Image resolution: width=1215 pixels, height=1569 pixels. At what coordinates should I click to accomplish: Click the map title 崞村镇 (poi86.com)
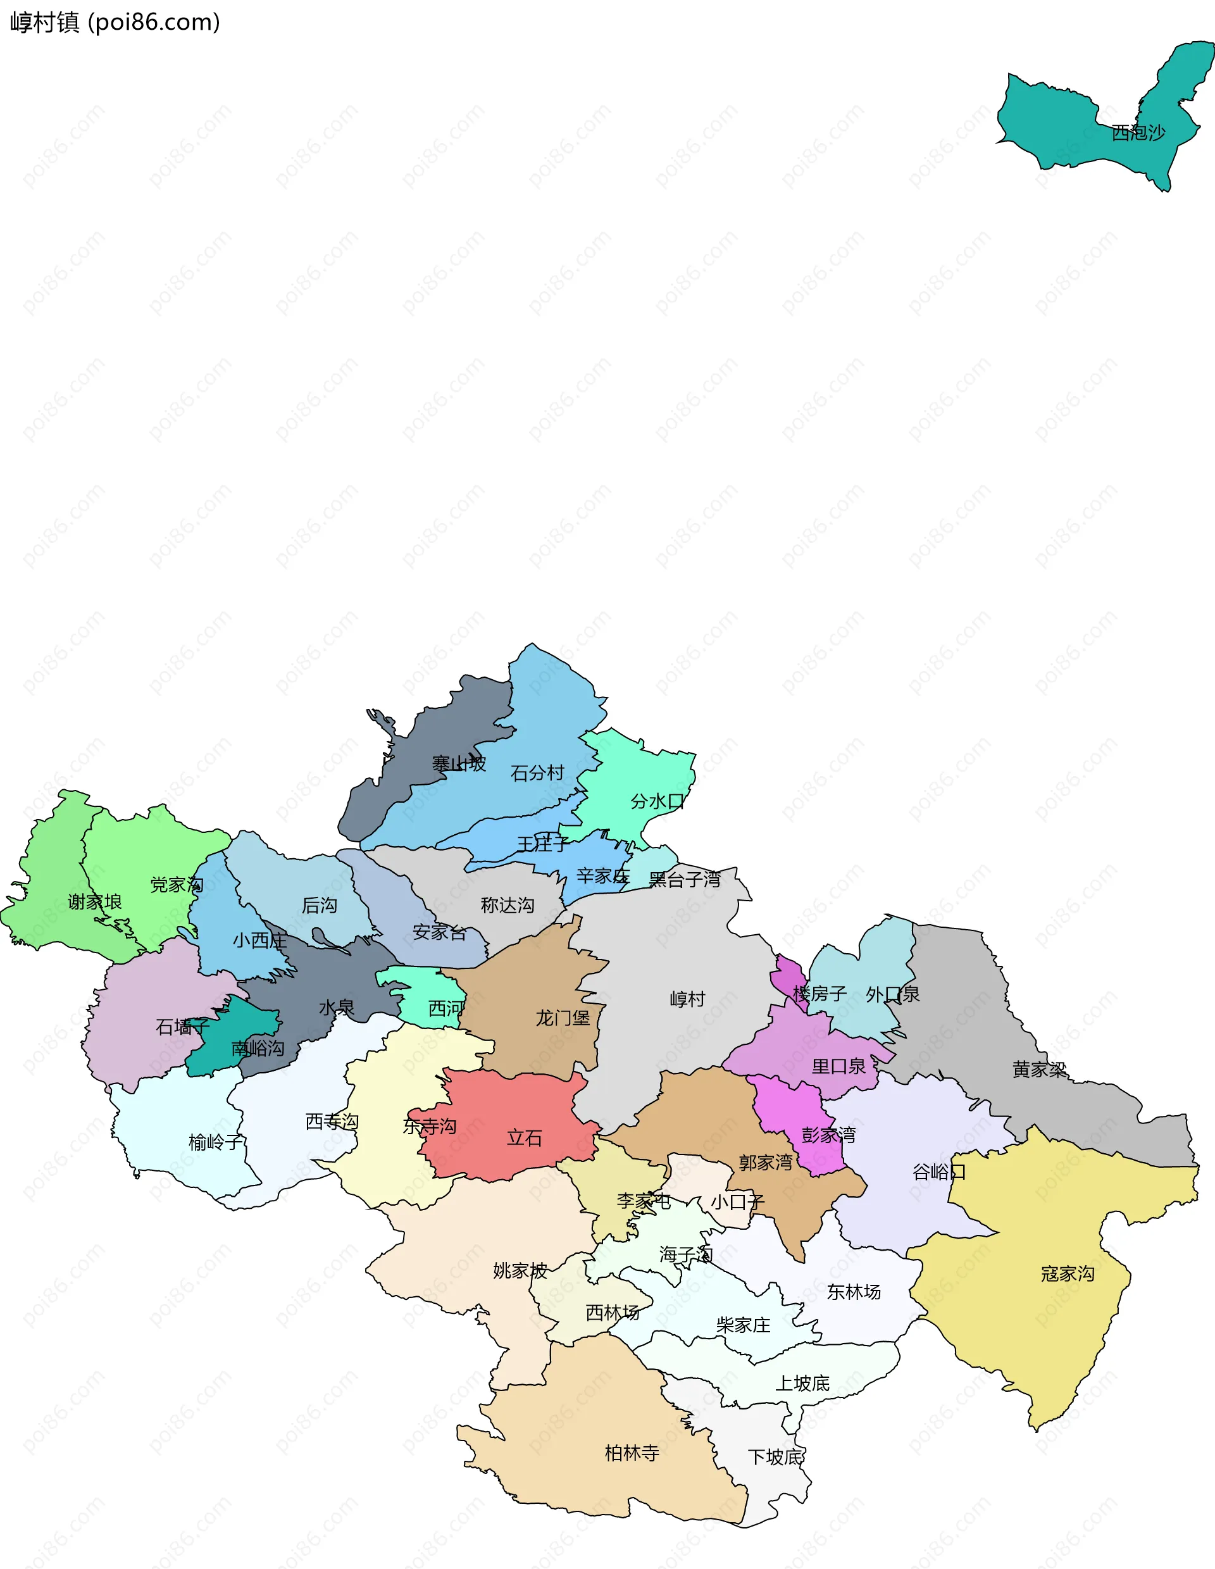(115, 22)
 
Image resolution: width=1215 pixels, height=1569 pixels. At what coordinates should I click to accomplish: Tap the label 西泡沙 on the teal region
(1138, 133)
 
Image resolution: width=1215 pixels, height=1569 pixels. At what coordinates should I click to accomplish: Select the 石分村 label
(537, 773)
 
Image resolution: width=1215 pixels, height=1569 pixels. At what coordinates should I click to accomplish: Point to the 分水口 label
(657, 801)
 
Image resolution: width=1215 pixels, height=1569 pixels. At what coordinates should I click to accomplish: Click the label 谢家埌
(95, 902)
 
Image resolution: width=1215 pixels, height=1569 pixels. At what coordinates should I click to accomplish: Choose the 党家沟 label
(177, 884)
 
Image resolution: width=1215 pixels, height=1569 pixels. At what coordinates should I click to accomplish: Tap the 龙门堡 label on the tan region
(563, 1018)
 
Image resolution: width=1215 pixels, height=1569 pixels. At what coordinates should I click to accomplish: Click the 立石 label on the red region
(524, 1138)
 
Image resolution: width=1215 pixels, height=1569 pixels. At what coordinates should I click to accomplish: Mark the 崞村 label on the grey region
(687, 999)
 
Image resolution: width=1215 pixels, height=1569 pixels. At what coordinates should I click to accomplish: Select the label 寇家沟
(1068, 1273)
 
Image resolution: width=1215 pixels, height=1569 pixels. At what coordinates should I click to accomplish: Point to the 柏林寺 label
(632, 1453)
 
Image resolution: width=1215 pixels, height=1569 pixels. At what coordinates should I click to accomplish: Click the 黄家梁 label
(1039, 1070)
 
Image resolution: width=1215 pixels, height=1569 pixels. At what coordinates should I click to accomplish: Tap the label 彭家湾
(829, 1135)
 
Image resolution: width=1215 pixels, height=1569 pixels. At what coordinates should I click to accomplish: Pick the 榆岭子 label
(215, 1142)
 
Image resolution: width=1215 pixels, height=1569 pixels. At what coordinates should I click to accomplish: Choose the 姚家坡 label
(520, 1271)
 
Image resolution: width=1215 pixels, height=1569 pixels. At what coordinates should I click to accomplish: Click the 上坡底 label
(802, 1383)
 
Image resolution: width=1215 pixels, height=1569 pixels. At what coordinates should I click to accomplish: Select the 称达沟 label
(508, 905)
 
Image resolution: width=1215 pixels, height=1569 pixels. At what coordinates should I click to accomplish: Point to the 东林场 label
(854, 1292)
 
